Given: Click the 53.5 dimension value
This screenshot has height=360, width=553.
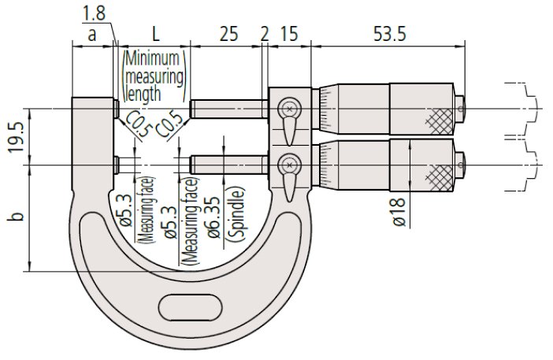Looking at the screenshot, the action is pyautogui.click(x=390, y=34).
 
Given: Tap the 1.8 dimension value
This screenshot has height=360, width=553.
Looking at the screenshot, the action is pyautogui.click(x=94, y=13).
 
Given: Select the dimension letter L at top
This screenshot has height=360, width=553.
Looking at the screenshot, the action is pyautogui.click(x=155, y=34).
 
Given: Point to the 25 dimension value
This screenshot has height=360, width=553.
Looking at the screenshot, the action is pyautogui.click(x=229, y=34).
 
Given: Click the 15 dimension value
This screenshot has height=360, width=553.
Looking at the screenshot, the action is pyautogui.click(x=289, y=34).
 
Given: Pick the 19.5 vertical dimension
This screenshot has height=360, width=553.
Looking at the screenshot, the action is pyautogui.click(x=16, y=138).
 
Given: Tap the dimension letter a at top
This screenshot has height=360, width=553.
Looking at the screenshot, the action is pyautogui.click(x=91, y=35).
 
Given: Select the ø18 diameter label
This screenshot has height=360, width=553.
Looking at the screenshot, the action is pyautogui.click(x=399, y=212).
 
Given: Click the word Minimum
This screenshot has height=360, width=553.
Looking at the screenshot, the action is pyautogui.click(x=152, y=58).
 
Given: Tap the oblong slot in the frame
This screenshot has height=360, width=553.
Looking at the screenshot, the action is pyautogui.click(x=191, y=307).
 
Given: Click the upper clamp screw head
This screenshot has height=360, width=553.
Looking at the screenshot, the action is pyautogui.click(x=290, y=109).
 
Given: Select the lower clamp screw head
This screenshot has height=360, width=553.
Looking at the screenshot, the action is pyautogui.click(x=290, y=165).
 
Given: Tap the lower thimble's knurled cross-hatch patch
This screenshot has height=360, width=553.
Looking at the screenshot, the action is pyautogui.click(x=440, y=177).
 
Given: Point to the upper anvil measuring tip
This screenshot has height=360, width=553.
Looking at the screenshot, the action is pyautogui.click(x=116, y=109).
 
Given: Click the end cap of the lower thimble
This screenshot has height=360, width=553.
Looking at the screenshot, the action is pyautogui.click(x=459, y=165).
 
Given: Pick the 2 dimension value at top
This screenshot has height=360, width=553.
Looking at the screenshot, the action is pyautogui.click(x=265, y=34).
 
